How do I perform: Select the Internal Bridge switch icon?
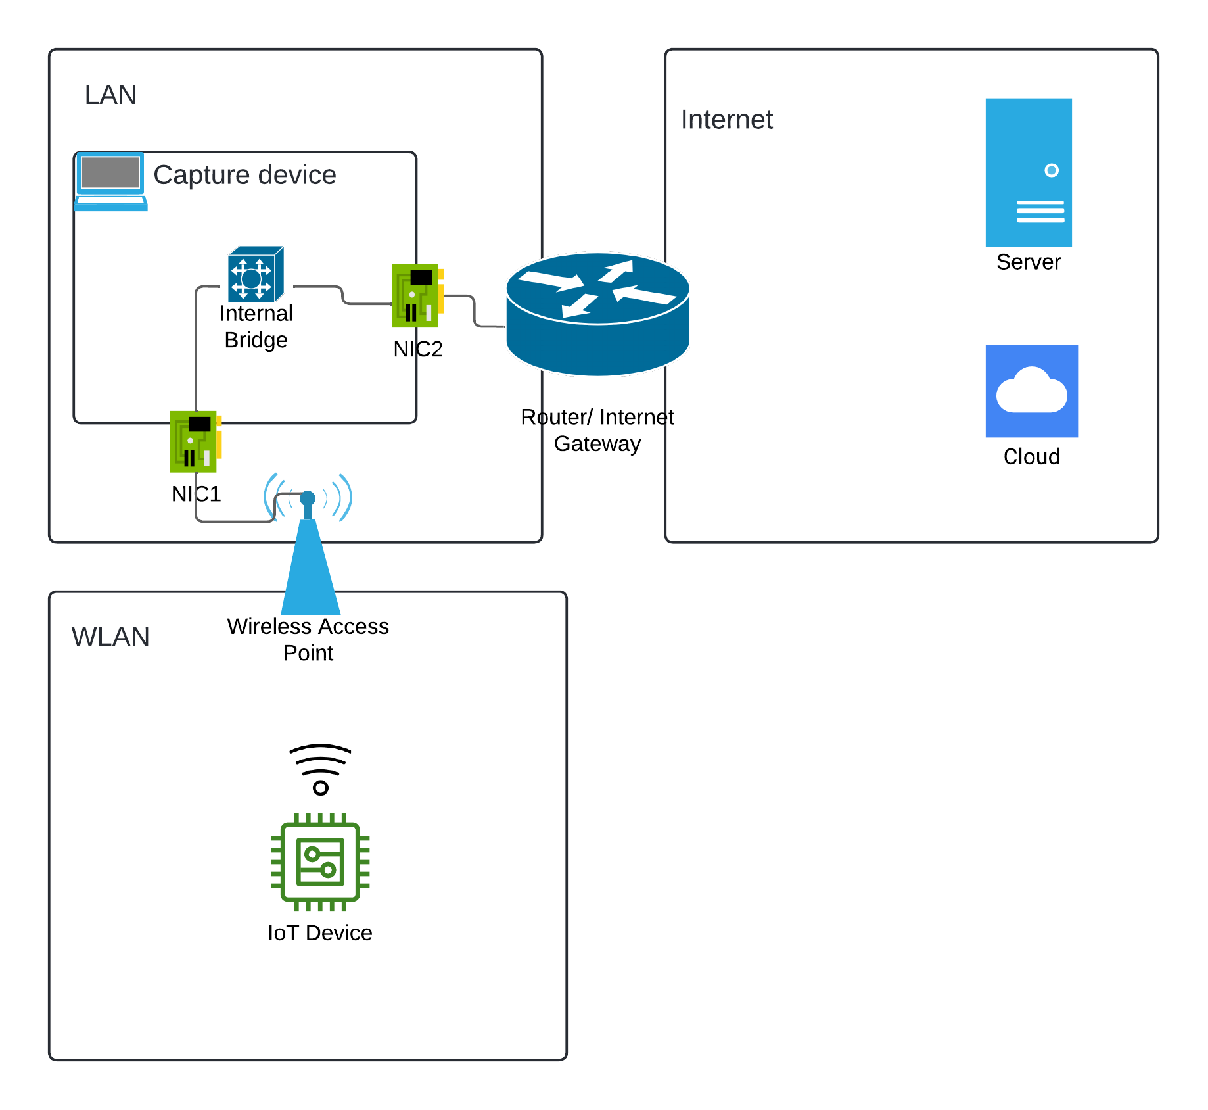[256, 274]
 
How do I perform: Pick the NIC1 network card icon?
[195, 441]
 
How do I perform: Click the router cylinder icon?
[597, 314]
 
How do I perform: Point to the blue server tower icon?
[1028, 172]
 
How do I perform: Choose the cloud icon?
[1031, 391]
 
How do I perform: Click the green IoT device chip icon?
[320, 861]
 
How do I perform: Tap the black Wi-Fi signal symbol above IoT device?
[320, 768]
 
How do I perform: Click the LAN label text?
[110, 95]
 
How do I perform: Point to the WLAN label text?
[110, 637]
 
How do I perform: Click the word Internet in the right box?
[726, 120]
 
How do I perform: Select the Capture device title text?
[244, 175]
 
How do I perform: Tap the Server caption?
[1028, 262]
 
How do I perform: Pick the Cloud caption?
[1031, 456]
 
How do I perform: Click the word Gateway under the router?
[597, 444]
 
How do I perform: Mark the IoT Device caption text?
[320, 933]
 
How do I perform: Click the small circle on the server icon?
[1052, 170]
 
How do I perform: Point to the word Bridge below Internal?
[256, 340]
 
